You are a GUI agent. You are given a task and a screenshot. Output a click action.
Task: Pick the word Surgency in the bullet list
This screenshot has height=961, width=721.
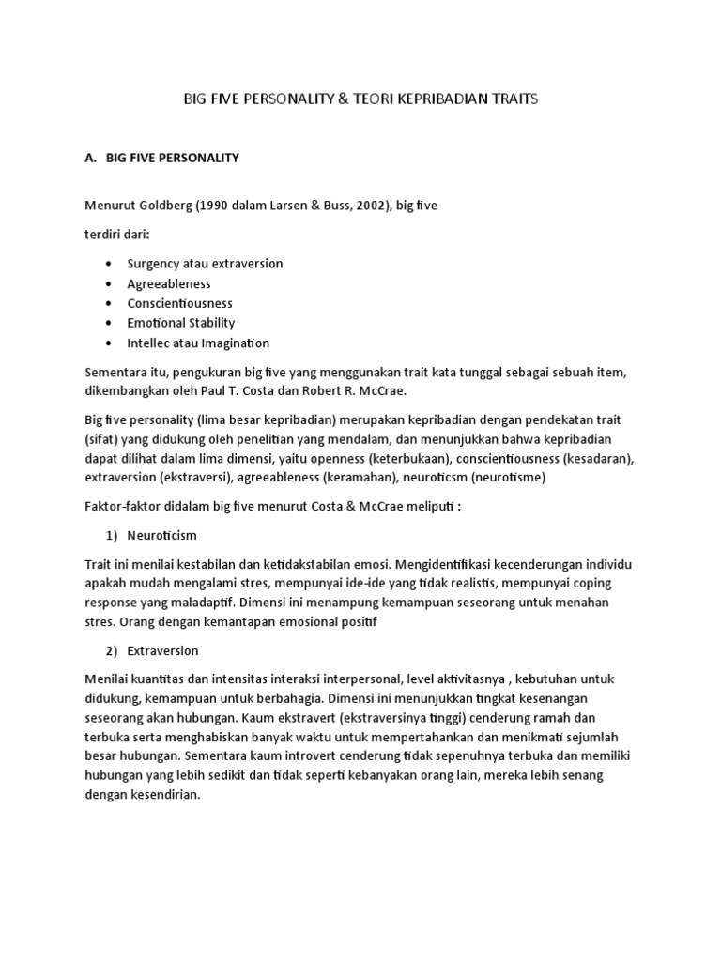click(x=155, y=264)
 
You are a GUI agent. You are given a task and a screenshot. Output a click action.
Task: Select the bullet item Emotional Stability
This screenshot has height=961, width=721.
click(x=181, y=323)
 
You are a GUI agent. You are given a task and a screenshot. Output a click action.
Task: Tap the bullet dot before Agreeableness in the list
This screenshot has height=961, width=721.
click(x=110, y=284)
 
